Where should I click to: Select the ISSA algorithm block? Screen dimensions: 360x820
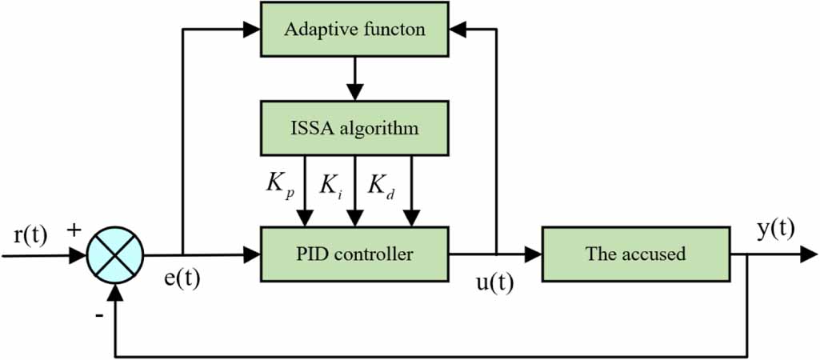pyautogui.click(x=354, y=128)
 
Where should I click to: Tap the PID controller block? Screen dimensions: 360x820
pyautogui.click(x=354, y=254)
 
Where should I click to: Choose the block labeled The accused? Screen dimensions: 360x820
pyautogui.click(x=635, y=254)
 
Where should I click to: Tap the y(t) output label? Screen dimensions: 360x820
pyautogui.click(x=775, y=229)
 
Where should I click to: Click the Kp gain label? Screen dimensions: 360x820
pyautogui.click(x=280, y=187)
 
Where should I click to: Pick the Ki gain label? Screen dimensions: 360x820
pyautogui.click(x=330, y=187)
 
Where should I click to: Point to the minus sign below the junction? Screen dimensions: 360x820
pyautogui.click(x=98, y=315)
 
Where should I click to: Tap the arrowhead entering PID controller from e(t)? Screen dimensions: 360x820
pyautogui.click(x=254, y=255)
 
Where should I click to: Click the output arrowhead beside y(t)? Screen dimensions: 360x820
pyautogui.click(x=809, y=255)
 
